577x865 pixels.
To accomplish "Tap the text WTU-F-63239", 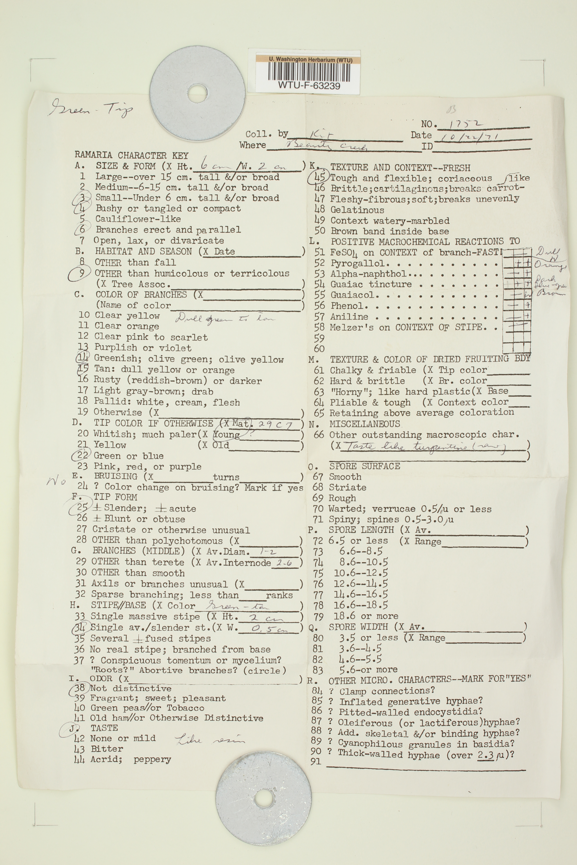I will tap(309, 86).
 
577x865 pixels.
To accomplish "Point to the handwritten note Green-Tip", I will tap(90, 108).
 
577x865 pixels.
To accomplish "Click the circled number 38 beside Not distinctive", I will tap(79, 688).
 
